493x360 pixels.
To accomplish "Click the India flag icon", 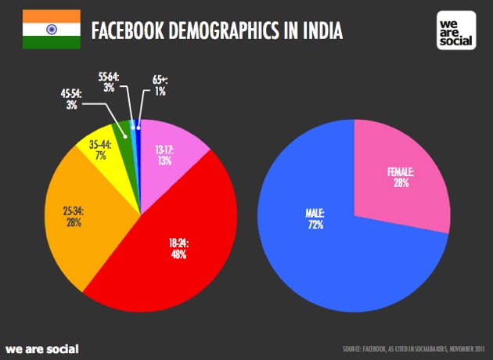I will pyautogui.click(x=51, y=30).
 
